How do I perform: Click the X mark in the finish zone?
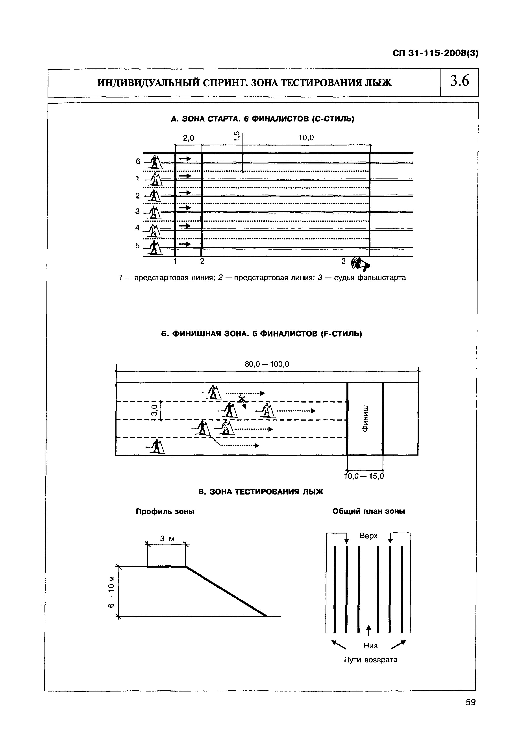pyautogui.click(x=241, y=399)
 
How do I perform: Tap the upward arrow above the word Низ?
pyautogui.click(x=368, y=630)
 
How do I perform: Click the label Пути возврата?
pyautogui.click(x=370, y=660)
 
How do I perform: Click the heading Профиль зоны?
pyautogui.click(x=165, y=512)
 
